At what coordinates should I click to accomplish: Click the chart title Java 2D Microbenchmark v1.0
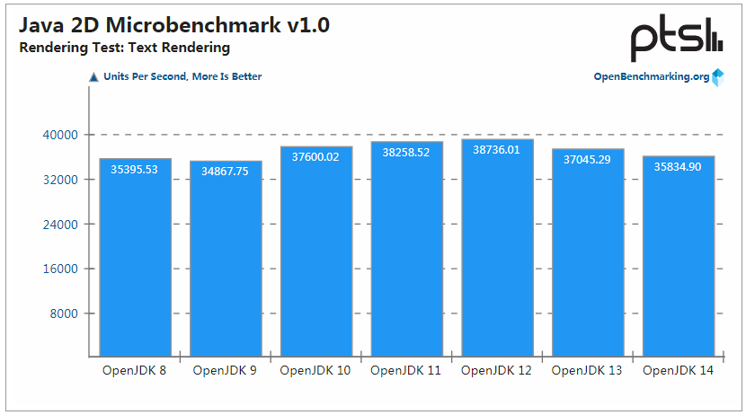[x=174, y=25]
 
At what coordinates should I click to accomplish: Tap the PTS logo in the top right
[x=676, y=40]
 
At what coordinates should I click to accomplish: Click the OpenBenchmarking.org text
[x=652, y=76]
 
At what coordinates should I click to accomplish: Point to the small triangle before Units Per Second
[x=93, y=77]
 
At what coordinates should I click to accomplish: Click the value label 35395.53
[x=135, y=169]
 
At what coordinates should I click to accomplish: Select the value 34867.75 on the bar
[x=225, y=172]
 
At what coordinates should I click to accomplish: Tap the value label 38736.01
[x=496, y=150]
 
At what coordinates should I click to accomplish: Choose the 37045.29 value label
[x=587, y=159]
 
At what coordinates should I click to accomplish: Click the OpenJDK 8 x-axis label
[x=135, y=370]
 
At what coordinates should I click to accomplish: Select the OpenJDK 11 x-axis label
[x=406, y=370]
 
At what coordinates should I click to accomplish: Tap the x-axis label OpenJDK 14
[x=678, y=370]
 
